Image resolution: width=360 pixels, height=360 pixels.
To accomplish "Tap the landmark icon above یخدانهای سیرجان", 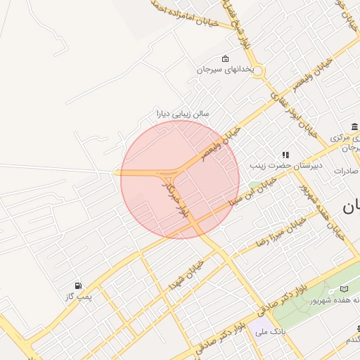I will point(225,59).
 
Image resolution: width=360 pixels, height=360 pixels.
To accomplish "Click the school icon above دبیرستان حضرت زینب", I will point(285,155).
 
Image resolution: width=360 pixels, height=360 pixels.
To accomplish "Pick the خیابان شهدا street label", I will point(186,275).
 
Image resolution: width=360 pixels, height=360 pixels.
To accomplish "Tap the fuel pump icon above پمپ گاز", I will point(77,285).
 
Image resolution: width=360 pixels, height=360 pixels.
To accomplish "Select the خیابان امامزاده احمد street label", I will point(191,14).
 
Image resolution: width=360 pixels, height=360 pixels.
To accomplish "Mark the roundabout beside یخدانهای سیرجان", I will point(257,72).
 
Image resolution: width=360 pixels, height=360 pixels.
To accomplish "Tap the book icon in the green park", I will point(344,289).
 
